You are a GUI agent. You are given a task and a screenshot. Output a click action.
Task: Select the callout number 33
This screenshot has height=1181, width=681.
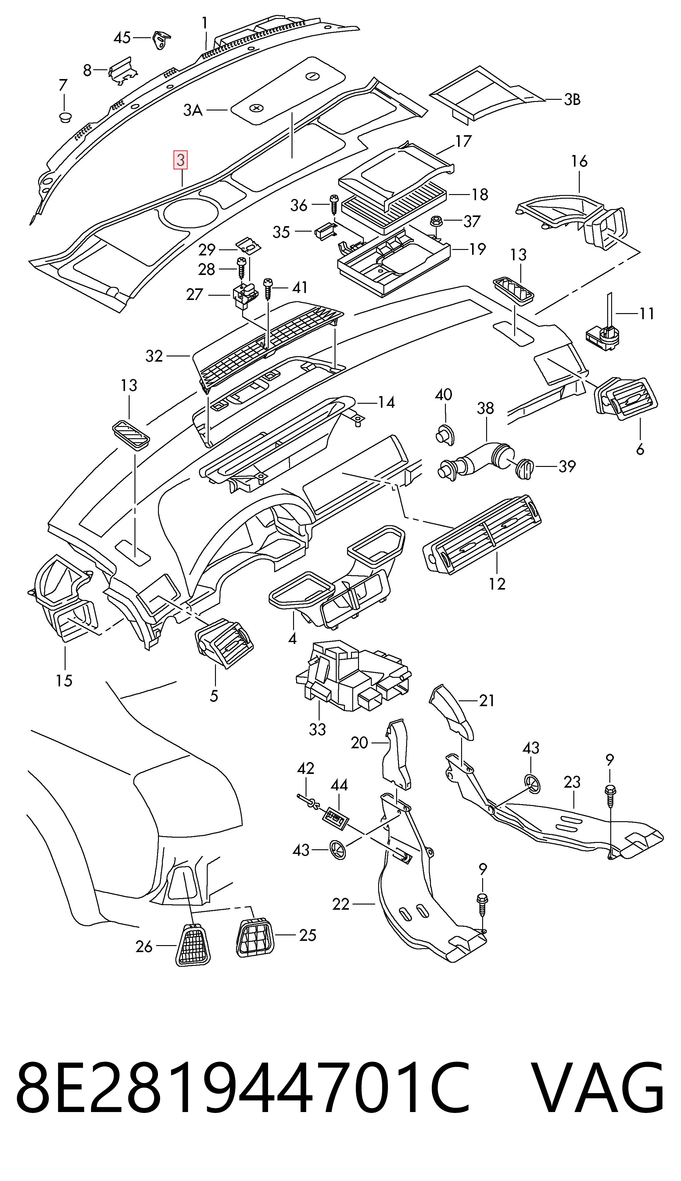tap(317, 729)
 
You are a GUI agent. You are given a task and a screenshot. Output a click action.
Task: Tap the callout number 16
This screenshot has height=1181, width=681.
tap(579, 161)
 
